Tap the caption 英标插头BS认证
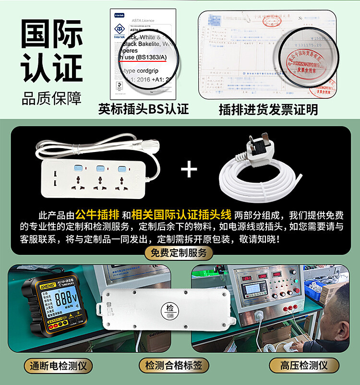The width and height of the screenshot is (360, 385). click(144, 109)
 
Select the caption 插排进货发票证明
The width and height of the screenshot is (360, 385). click(268, 109)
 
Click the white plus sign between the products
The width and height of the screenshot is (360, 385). click(191, 169)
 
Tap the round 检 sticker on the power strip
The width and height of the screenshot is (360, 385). click(171, 308)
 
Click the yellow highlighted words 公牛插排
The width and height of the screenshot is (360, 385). click(97, 214)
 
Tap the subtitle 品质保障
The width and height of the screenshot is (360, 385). click(51, 98)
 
